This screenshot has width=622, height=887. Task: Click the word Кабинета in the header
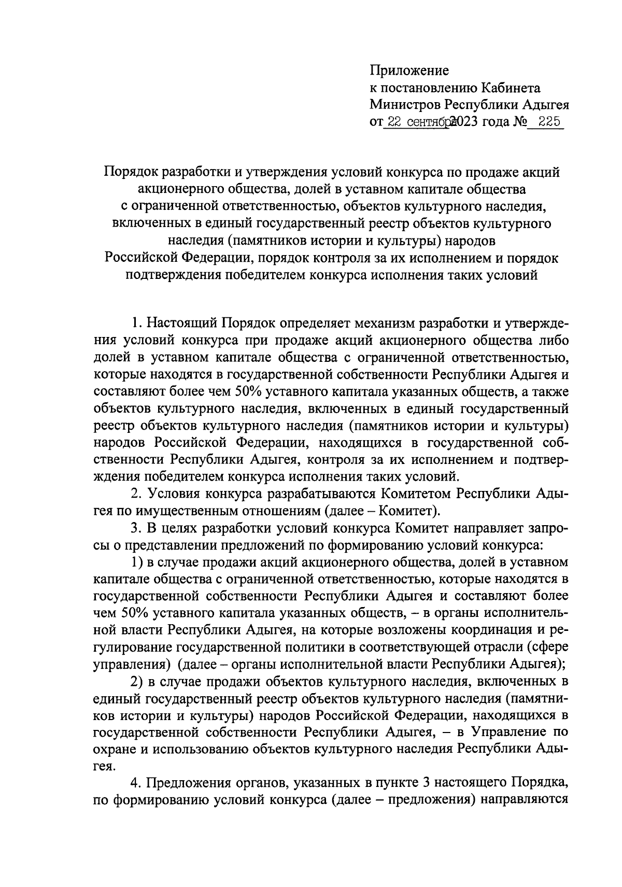point(511,88)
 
